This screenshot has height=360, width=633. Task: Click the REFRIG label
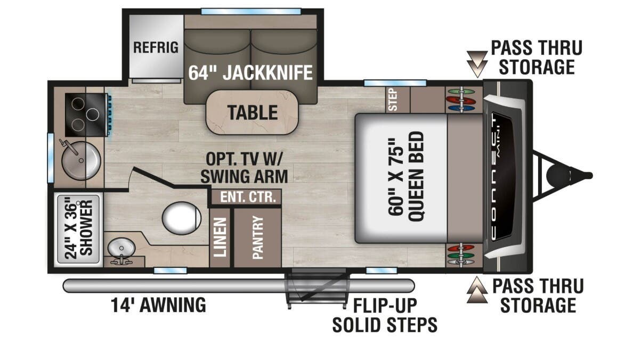(156, 47)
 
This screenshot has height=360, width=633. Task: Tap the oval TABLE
(253, 112)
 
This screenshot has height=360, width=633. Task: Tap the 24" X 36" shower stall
(79, 230)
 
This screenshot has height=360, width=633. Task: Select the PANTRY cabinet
(258, 238)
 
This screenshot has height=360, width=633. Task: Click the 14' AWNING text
(158, 305)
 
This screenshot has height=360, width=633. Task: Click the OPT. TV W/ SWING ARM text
(244, 168)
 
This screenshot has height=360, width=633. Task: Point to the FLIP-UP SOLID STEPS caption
(385, 315)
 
